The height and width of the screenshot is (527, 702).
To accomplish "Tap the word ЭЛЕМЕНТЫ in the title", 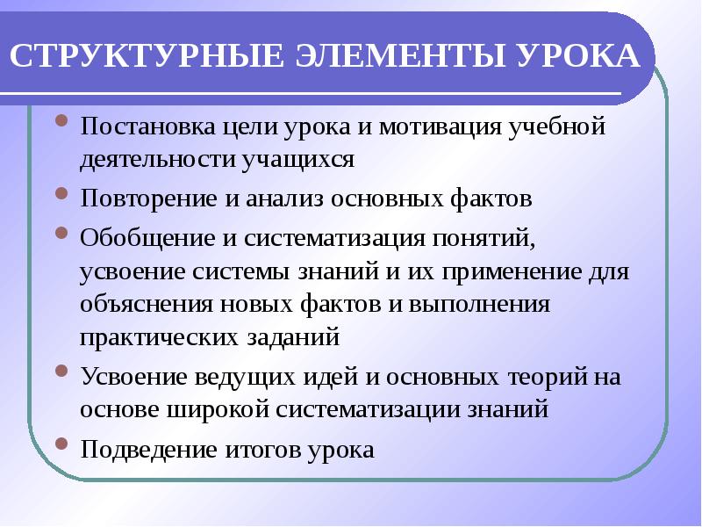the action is (x=392, y=55).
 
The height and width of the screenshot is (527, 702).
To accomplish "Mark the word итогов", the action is (x=263, y=451).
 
